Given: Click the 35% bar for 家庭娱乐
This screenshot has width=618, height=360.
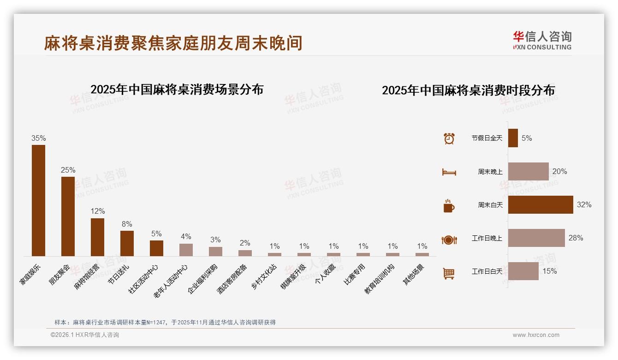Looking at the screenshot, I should [38, 200].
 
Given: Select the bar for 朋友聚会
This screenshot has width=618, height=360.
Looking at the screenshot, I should [68, 216].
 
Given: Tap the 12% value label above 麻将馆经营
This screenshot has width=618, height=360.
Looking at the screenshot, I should [97, 211].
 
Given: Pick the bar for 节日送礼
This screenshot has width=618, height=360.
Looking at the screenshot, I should [127, 243].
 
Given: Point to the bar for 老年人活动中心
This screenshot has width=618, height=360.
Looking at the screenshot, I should [186, 250].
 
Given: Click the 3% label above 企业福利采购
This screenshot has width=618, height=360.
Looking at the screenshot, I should [215, 240].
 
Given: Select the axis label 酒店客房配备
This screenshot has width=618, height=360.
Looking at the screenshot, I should [232, 279].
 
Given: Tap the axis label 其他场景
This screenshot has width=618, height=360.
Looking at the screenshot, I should [414, 275].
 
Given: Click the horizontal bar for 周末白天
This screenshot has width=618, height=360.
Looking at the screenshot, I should [541, 204].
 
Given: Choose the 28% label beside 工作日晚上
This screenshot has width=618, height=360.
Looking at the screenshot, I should [576, 238].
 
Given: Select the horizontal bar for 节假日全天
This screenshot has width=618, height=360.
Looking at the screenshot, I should [513, 138].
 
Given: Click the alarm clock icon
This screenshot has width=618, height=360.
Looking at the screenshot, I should [449, 138].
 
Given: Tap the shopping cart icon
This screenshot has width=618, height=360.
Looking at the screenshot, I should [449, 273].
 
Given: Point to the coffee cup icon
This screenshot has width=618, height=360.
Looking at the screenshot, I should [449, 206].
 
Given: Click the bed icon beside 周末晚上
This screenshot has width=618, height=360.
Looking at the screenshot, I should [449, 172].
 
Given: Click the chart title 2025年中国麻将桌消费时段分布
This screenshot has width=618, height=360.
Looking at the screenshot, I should [468, 90].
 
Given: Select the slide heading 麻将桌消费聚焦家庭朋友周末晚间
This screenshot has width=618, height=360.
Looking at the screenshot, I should [173, 43].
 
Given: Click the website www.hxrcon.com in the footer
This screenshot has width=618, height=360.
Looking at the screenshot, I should [536, 335].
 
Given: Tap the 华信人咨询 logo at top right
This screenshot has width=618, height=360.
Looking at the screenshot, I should [542, 40].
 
